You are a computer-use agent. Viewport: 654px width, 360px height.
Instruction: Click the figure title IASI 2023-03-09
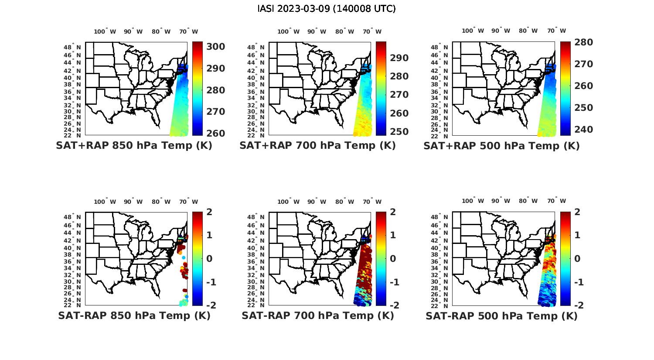327,9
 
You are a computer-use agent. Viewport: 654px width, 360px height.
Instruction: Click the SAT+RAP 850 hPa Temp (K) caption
134,146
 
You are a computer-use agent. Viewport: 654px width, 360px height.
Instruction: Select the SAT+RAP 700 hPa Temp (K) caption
317,146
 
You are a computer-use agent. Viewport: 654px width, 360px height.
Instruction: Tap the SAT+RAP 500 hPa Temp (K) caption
501,146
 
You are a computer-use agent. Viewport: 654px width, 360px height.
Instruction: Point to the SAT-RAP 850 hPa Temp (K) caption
134,315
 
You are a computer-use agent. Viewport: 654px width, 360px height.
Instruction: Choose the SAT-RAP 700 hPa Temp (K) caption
317,315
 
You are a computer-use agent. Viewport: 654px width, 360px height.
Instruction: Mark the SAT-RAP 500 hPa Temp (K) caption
501,315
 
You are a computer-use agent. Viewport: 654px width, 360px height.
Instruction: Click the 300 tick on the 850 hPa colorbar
216,47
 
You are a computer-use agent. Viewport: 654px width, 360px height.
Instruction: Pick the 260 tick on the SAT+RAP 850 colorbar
216,134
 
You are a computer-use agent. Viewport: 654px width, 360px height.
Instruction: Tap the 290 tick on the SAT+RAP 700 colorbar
399,58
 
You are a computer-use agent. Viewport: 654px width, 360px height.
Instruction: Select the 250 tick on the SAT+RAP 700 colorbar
399,132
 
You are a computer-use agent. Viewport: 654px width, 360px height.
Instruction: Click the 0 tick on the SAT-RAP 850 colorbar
209,258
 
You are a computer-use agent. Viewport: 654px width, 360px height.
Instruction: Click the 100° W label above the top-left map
105,31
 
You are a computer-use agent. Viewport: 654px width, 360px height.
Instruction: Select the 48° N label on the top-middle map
256,47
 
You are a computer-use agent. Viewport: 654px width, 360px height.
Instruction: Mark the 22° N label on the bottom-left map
72,305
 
